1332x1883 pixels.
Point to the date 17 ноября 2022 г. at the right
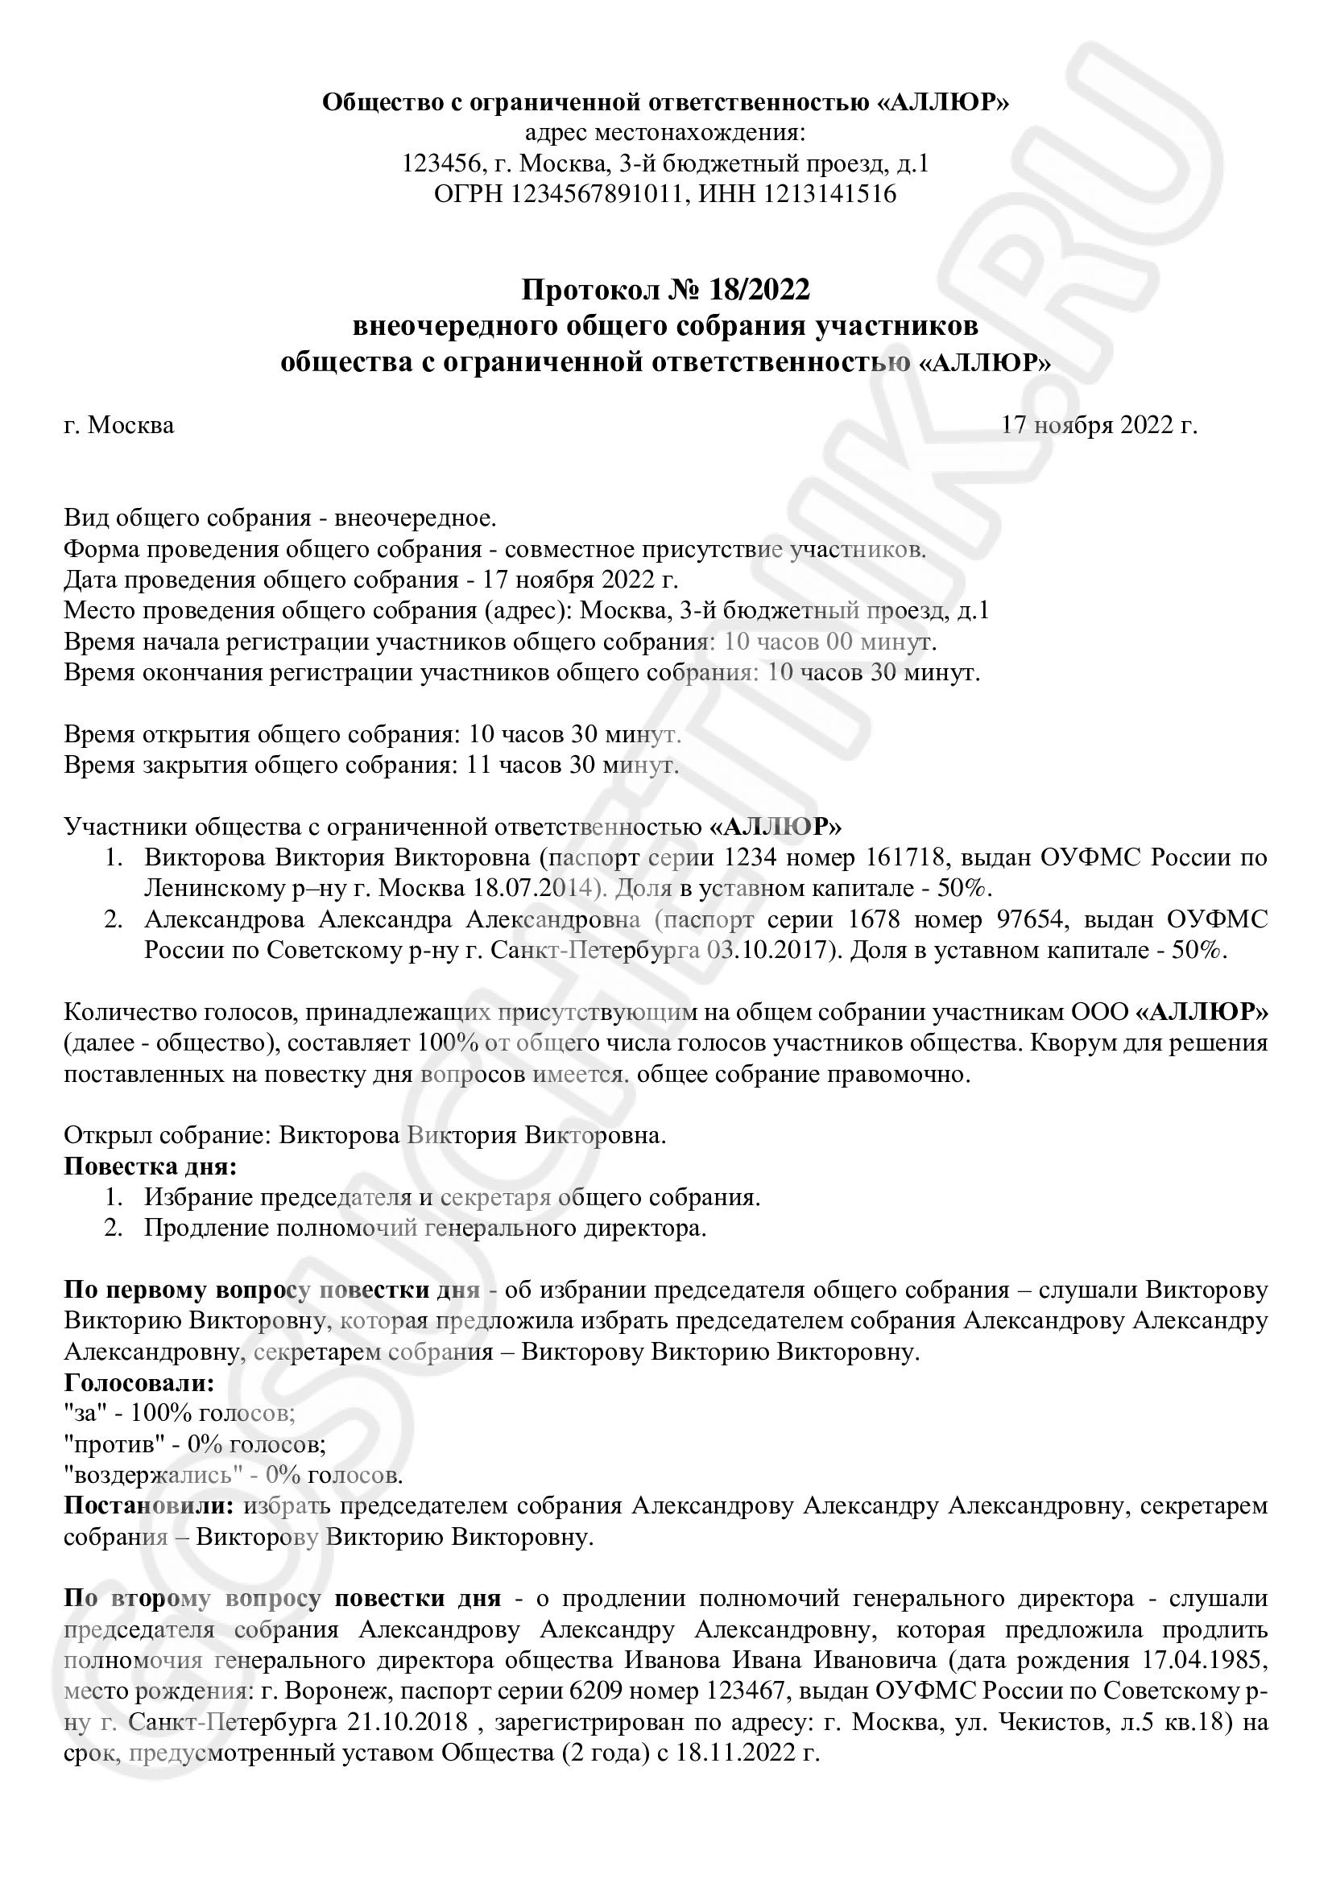click(1099, 426)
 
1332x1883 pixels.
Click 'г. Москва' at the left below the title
click(119, 426)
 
